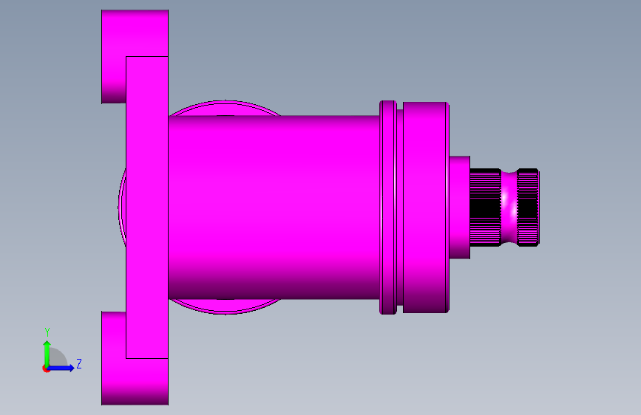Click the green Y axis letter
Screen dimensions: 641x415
(47, 332)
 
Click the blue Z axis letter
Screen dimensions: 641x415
(79, 363)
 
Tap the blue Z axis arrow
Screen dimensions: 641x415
(61, 368)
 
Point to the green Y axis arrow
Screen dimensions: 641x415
(47, 354)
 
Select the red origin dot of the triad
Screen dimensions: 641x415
(46, 368)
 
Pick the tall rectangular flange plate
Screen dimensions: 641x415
(147, 207)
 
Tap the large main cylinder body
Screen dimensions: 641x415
(274, 207)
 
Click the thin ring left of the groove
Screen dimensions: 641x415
(388, 207)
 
